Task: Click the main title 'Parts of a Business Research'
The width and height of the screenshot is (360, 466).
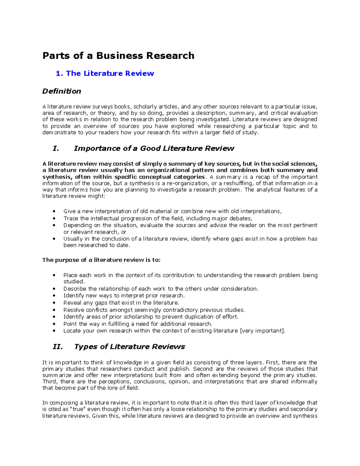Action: coord(118,56)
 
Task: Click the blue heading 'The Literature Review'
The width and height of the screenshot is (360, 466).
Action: coord(110,74)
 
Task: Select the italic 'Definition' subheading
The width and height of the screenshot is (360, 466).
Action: coord(61,91)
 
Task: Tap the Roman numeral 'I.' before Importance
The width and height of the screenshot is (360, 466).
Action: coord(55,149)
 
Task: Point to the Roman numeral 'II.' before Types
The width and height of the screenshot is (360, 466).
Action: coord(58,347)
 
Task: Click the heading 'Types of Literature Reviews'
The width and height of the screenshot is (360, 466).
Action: coord(129,347)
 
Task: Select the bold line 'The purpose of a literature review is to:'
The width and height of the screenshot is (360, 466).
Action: coord(101,260)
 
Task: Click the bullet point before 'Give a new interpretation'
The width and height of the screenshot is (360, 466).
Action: coord(54,212)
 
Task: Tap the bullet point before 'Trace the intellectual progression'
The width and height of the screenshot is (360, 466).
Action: coord(54,219)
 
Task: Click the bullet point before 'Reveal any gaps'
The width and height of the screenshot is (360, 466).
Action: coord(54,303)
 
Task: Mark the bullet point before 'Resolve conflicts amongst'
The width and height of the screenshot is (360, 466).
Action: coord(54,310)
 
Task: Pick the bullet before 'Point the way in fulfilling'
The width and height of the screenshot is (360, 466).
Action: coord(54,324)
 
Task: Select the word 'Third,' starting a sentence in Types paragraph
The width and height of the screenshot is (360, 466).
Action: coord(50,382)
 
